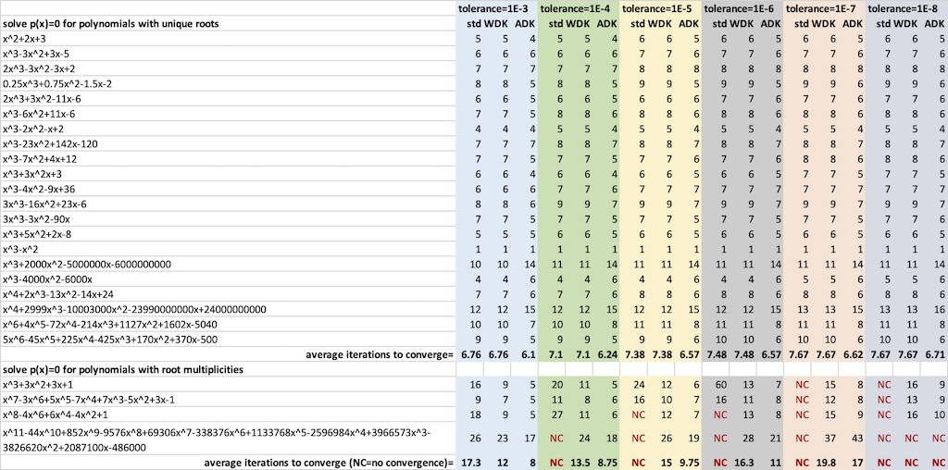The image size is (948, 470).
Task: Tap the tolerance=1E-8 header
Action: (x=906, y=8)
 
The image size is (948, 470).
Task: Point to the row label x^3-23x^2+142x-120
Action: (x=50, y=143)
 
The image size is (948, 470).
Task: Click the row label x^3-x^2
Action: (x=20, y=249)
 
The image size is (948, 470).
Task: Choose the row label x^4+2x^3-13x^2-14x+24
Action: (x=55, y=294)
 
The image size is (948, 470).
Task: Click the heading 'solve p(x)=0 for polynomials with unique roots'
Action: (x=111, y=23)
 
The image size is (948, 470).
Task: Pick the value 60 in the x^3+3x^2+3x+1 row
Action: (x=718, y=384)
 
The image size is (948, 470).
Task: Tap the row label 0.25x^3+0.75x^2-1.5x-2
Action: (x=57, y=83)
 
